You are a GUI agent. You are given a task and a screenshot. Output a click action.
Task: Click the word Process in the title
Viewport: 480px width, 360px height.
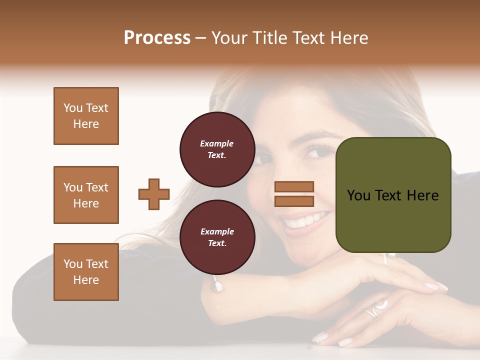pyautogui.click(x=157, y=38)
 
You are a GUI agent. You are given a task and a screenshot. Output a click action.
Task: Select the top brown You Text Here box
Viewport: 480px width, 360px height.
pyautogui.click(x=86, y=116)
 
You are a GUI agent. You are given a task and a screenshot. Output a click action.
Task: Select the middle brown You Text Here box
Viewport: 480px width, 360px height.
pyautogui.click(x=86, y=195)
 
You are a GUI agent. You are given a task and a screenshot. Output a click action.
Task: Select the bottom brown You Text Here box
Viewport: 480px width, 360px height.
pyautogui.click(x=86, y=271)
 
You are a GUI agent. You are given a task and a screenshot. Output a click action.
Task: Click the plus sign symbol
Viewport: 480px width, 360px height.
pyautogui.click(x=154, y=194)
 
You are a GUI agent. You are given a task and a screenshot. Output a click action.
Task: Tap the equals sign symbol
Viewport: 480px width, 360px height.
pyautogui.click(x=294, y=194)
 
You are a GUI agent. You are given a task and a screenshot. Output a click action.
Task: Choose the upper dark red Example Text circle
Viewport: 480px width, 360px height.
pyautogui.click(x=217, y=149)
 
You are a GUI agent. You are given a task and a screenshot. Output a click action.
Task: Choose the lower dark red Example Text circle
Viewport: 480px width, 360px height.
pyautogui.click(x=217, y=237)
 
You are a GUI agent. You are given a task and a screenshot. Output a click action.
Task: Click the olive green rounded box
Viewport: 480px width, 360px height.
pyautogui.click(x=393, y=194)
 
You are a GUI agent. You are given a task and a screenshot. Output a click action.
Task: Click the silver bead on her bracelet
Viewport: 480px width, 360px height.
pyautogui.click(x=217, y=286)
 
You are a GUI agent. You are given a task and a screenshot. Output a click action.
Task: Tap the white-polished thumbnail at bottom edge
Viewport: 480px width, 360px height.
pyautogui.click(x=345, y=342)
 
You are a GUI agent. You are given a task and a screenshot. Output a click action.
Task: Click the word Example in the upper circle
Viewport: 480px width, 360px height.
pyautogui.click(x=217, y=143)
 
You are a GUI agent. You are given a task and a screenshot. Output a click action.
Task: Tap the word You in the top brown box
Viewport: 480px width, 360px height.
pyautogui.click(x=72, y=108)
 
